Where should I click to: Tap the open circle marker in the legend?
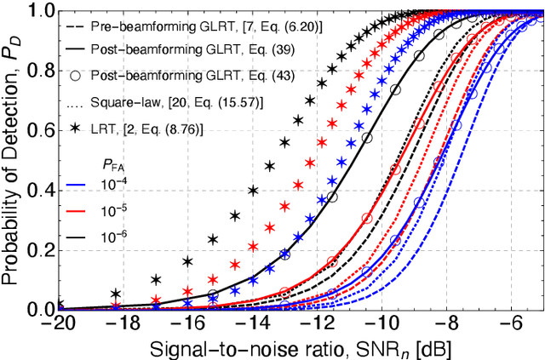point(75,77)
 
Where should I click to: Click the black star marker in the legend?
point(75,127)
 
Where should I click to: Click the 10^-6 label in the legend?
point(113,231)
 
